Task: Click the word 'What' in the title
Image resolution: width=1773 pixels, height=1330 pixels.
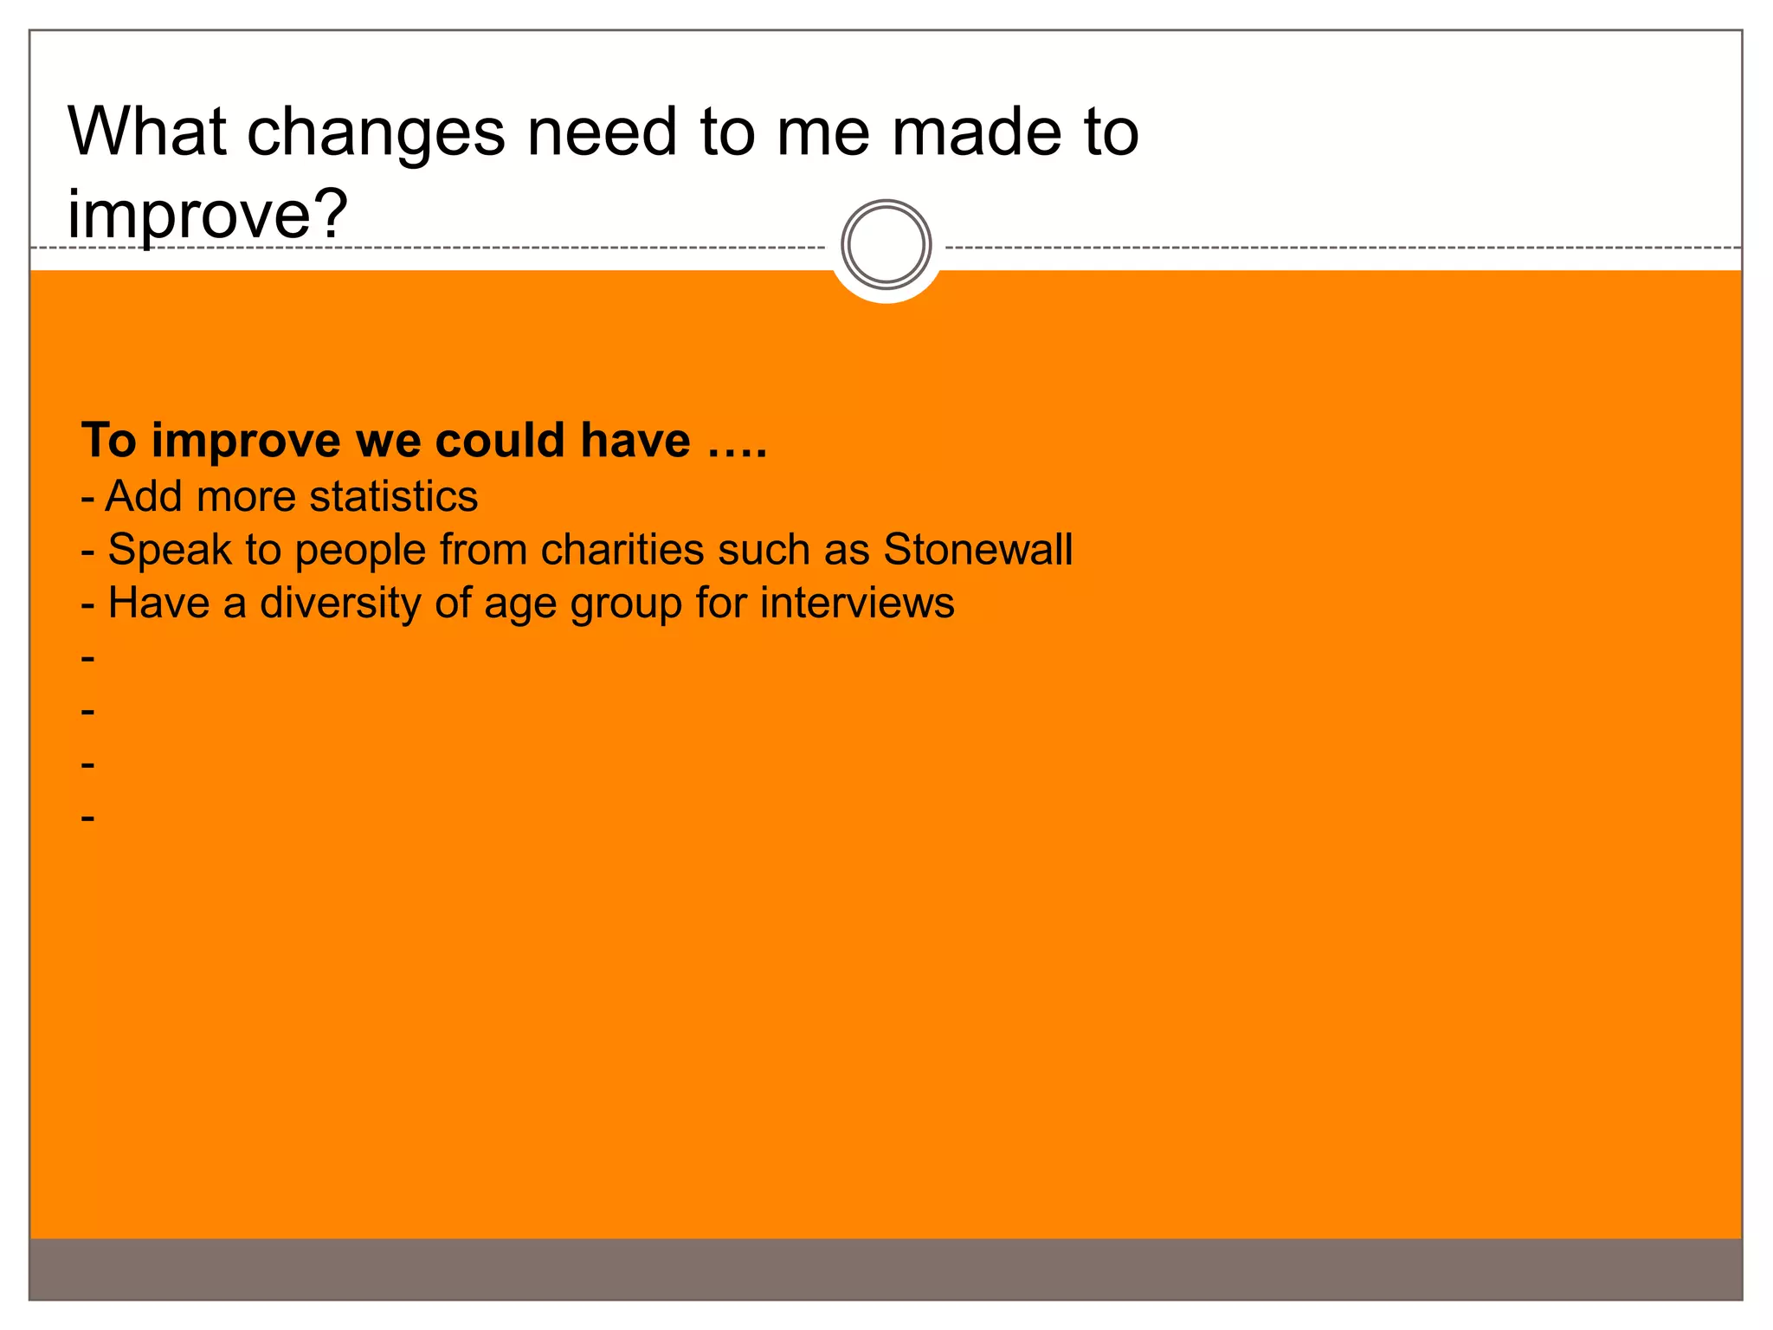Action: [x=146, y=132]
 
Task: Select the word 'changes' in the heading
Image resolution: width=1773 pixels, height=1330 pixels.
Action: [x=376, y=133]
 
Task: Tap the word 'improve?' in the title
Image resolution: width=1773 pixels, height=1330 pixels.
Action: [x=208, y=214]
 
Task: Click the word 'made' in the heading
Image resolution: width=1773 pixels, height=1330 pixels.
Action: [x=976, y=132]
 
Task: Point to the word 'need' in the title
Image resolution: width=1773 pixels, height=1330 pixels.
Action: [x=602, y=132]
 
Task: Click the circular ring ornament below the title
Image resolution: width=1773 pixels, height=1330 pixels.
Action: [x=886, y=244]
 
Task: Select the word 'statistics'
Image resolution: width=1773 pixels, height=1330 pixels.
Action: [x=393, y=496]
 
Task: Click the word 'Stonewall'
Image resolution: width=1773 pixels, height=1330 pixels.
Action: [x=977, y=549]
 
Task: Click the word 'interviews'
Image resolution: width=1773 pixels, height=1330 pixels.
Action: [x=857, y=603]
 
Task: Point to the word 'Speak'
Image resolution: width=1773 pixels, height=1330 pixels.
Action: [x=170, y=549]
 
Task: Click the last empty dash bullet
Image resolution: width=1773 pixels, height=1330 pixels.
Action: [x=87, y=817]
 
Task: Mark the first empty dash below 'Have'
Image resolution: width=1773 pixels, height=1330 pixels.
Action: [x=87, y=658]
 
